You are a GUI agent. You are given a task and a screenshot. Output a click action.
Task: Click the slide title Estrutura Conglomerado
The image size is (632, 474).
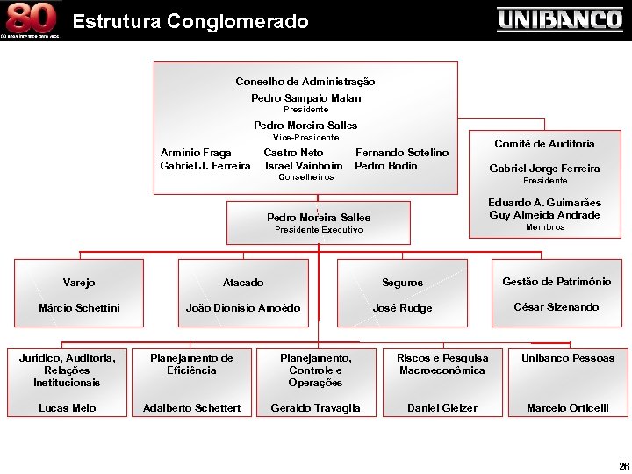(190, 20)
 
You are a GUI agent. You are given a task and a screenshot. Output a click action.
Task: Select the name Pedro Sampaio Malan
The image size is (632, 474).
(305, 98)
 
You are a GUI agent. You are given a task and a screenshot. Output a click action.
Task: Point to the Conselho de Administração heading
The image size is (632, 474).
(305, 81)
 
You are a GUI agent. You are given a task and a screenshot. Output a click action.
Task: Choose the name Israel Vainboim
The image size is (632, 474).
(304, 166)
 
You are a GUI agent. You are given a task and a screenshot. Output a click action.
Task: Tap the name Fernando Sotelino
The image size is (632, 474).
(401, 153)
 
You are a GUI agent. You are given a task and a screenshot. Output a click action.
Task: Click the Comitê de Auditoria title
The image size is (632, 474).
(544, 143)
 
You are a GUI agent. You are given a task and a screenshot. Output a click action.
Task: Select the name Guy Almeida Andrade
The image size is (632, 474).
(544, 215)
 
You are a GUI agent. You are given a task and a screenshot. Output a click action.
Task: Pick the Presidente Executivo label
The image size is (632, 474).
(318, 230)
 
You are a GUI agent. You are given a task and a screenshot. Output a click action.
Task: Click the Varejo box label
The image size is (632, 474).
(79, 283)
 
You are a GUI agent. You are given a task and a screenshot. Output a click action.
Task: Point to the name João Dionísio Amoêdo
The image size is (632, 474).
(243, 308)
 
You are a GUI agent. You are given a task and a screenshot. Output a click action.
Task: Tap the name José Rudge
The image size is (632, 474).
(402, 308)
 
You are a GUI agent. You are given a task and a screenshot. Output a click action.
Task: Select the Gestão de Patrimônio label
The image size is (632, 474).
(556, 282)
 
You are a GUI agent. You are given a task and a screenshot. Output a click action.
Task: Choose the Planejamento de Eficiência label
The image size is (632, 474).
(191, 364)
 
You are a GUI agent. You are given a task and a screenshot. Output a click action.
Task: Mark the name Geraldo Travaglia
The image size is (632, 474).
(315, 408)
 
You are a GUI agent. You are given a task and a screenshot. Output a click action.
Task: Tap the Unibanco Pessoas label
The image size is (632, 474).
(568, 358)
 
